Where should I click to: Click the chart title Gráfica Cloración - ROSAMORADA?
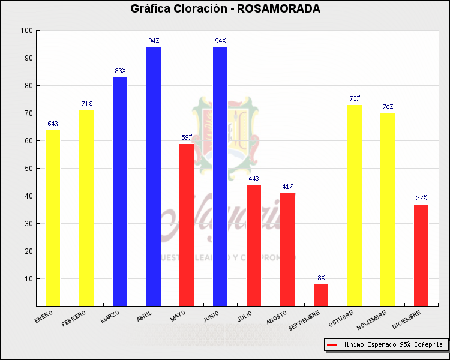tap(225, 9)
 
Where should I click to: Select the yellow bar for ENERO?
tap(53, 218)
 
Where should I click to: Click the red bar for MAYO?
tap(187, 225)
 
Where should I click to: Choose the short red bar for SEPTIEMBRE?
tap(321, 295)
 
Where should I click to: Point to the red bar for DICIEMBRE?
tap(421, 255)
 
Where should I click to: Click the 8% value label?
tap(321, 278)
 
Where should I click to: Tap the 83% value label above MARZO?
tap(120, 71)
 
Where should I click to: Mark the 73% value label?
tap(355, 98)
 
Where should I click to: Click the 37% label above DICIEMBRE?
tap(421, 198)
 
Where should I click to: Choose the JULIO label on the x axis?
tap(245, 316)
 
